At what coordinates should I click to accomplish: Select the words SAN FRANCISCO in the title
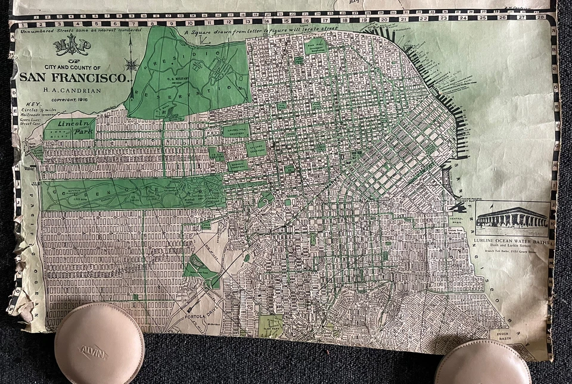[x=73, y=77]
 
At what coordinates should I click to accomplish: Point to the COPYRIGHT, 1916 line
[x=70, y=99]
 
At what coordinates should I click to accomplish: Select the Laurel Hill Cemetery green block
[x=235, y=130]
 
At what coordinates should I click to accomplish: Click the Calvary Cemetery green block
[x=256, y=149]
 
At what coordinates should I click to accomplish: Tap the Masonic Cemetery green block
[x=238, y=166]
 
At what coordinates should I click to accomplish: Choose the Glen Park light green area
[x=271, y=325]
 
